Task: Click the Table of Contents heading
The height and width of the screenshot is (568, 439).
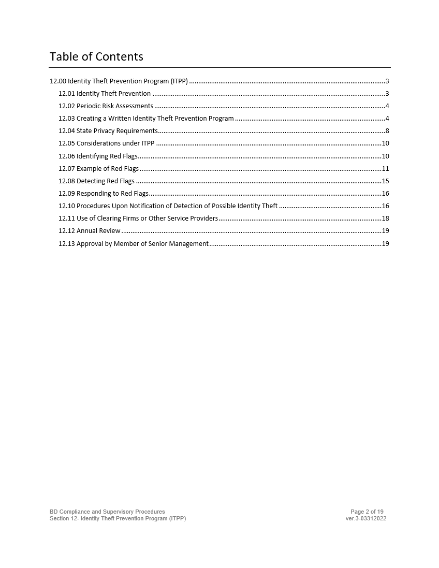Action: click(x=96, y=56)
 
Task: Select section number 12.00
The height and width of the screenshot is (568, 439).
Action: click(x=58, y=81)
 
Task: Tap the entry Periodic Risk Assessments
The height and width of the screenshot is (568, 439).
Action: click(x=115, y=106)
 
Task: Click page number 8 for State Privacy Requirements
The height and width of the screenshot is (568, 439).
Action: click(x=387, y=131)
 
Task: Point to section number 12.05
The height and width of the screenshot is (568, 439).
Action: click(x=67, y=143)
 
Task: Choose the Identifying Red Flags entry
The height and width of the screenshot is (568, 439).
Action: click(x=107, y=156)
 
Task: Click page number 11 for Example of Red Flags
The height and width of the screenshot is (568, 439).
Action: click(x=385, y=169)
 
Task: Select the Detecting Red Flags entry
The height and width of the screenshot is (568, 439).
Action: click(x=106, y=181)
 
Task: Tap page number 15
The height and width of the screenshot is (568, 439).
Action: click(x=385, y=181)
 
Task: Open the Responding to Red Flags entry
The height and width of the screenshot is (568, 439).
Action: click(x=112, y=194)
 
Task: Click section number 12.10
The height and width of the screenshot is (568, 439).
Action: click(x=67, y=206)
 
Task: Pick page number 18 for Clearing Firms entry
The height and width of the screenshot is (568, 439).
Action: click(x=385, y=219)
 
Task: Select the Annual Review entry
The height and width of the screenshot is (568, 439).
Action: click(x=98, y=231)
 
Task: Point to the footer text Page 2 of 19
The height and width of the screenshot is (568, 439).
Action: click(x=367, y=512)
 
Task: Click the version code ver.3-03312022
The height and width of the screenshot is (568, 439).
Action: click(x=365, y=518)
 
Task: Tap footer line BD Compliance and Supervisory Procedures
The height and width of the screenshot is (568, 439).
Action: click(x=107, y=512)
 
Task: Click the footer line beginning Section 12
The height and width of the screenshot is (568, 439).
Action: click(x=118, y=518)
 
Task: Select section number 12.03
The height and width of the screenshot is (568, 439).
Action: click(x=67, y=119)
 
